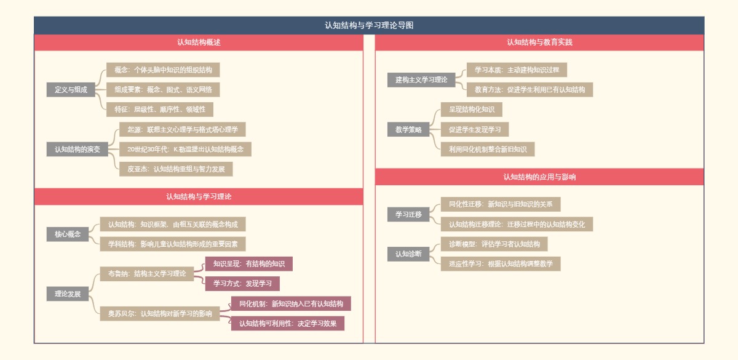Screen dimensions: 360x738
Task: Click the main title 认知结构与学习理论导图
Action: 369,25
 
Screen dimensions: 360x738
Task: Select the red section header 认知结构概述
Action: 199,42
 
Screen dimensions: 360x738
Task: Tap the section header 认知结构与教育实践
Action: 539,42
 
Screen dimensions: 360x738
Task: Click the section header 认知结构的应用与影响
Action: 539,177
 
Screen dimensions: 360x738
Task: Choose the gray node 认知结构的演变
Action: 77,149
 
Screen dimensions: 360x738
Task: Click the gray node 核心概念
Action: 68,234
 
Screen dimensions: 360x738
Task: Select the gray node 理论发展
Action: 68,294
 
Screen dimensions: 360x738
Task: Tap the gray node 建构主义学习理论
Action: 421,80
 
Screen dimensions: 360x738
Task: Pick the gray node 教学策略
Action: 408,129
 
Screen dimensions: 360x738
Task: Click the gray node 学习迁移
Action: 408,214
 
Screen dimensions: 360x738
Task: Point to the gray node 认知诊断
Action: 408,254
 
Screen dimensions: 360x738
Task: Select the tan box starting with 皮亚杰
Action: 176,169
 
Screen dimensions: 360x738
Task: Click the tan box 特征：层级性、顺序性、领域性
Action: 160,110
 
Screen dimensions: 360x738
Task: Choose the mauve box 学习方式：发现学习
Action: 242,284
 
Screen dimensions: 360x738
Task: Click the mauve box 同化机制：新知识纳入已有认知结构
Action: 291,303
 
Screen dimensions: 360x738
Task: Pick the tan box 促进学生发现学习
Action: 474,129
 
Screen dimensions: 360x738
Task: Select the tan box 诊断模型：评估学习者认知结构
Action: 494,244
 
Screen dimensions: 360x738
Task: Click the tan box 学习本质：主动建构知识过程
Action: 517,70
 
